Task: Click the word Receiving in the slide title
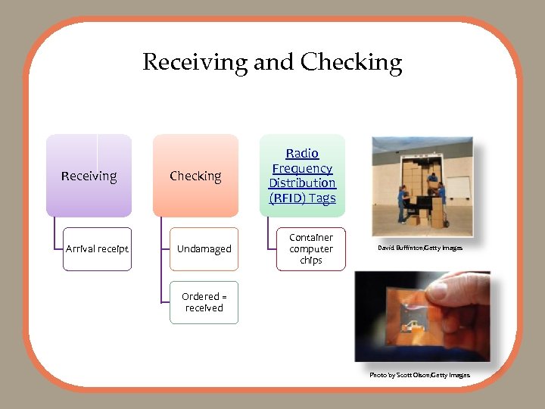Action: [x=194, y=62]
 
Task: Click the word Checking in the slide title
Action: [x=350, y=62]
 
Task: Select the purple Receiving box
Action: [x=89, y=176]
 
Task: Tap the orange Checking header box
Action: [x=195, y=176]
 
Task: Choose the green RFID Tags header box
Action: [x=302, y=176]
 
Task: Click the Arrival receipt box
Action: [x=97, y=249]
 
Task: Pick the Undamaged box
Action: [x=204, y=249]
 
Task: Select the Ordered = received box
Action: [x=204, y=302]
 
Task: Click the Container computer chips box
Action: [x=310, y=249]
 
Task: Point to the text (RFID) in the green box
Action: [x=285, y=198]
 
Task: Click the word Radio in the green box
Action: [x=302, y=154]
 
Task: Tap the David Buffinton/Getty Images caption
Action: [x=421, y=248]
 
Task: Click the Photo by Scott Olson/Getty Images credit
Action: [x=419, y=375]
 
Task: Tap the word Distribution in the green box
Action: [x=302, y=183]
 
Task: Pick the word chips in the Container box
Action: [x=310, y=261]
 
